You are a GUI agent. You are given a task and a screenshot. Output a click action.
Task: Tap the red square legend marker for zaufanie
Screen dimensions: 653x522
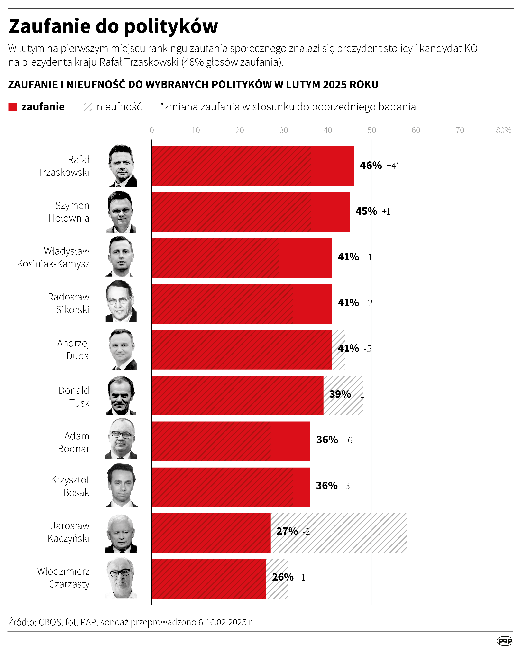(12, 107)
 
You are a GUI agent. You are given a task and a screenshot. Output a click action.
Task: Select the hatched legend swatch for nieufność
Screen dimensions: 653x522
(87, 107)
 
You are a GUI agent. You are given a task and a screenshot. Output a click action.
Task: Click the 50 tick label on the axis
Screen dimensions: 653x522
(372, 130)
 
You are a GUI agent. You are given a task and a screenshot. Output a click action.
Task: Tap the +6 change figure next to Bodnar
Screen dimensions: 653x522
(347, 440)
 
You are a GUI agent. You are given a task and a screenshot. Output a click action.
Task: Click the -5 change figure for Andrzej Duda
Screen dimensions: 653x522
(367, 349)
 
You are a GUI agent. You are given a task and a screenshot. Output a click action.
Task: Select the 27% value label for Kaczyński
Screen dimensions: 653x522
(287, 531)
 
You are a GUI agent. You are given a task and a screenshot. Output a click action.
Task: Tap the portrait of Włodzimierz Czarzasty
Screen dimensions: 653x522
(121, 578)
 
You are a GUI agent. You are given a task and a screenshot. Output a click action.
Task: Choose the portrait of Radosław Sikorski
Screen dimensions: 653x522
(121, 302)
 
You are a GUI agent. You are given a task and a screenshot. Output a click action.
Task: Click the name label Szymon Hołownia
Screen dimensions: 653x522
(69, 212)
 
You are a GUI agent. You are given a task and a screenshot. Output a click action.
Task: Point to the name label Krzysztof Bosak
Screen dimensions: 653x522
(70, 486)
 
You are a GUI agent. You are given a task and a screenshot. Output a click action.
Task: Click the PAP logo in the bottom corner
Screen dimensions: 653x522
(505, 641)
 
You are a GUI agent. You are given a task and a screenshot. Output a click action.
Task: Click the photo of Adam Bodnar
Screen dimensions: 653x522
(121, 439)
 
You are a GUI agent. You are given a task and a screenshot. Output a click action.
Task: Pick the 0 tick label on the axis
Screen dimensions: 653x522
(152, 130)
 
